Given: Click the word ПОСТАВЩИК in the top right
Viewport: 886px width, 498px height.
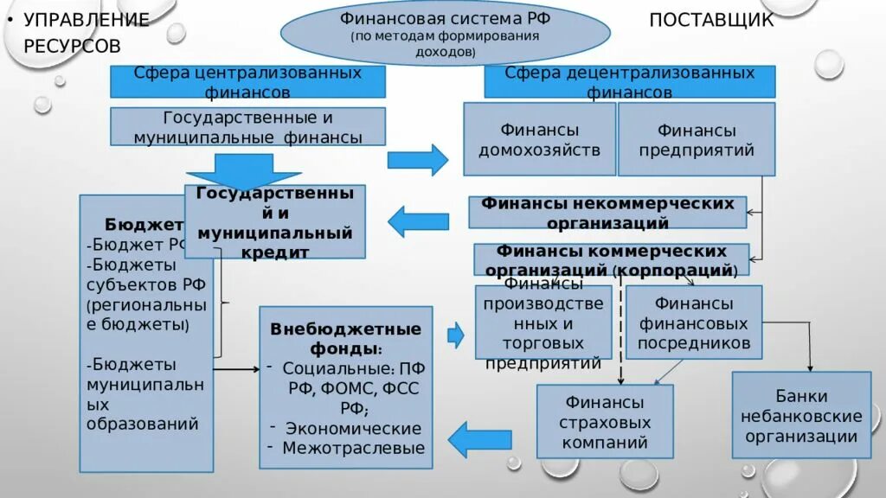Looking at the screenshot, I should pos(711,20).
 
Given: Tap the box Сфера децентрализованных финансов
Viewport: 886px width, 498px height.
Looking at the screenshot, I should pos(629,81).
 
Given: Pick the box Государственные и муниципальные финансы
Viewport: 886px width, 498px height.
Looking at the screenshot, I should pos(247,127).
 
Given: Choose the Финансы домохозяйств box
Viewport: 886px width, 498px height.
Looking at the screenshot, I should pos(539,140).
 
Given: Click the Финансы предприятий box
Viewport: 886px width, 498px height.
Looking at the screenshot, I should pos(696,140).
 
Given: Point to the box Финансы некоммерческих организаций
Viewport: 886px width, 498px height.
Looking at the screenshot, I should pos(607,213).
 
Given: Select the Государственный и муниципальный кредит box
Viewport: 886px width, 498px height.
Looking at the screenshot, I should pos(275,221).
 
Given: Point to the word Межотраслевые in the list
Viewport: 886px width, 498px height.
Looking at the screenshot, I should pos(354,448).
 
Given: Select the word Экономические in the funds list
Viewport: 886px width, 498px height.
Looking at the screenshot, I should pos(353,428).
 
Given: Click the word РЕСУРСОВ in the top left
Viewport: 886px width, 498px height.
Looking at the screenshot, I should pos(72,45).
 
